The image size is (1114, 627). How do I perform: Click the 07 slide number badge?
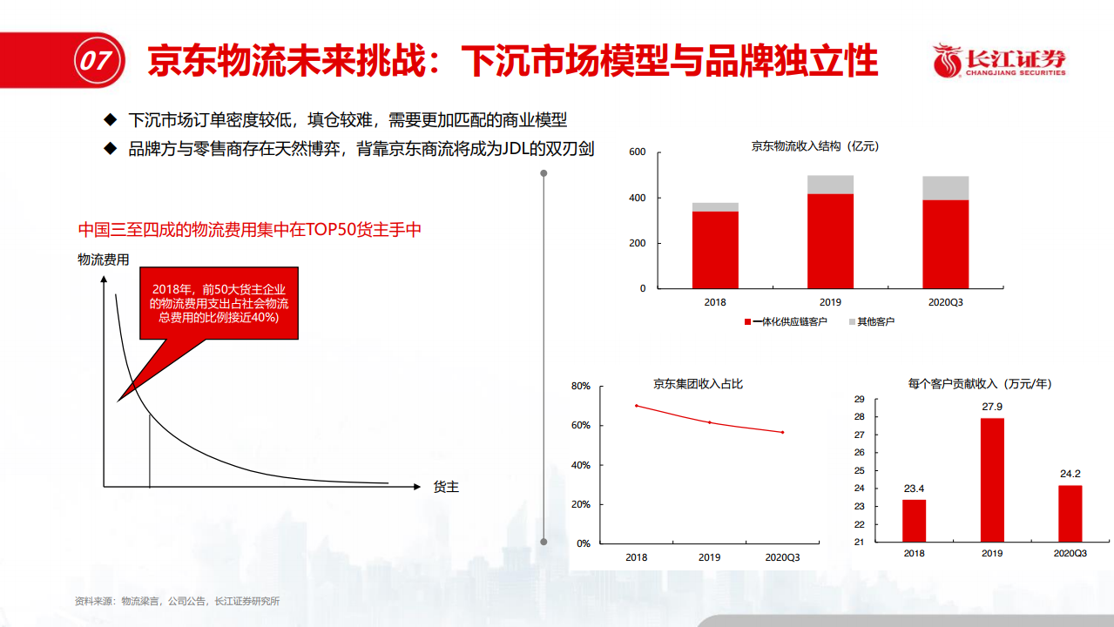pyautogui.click(x=98, y=61)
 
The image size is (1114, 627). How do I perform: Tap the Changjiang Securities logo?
pyautogui.click(x=999, y=60)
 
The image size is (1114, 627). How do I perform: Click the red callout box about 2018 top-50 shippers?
pyautogui.click(x=219, y=303)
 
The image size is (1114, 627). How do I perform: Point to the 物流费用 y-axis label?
pyautogui.click(x=104, y=260)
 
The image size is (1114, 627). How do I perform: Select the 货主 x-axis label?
pyautogui.click(x=446, y=487)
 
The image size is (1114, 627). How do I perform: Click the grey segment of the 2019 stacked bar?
pyautogui.click(x=830, y=185)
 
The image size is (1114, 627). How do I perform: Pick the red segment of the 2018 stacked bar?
pyautogui.click(x=715, y=250)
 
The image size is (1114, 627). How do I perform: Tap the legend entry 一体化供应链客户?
pyautogui.click(x=786, y=321)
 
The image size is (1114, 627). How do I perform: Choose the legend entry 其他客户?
pyautogui.click(x=872, y=321)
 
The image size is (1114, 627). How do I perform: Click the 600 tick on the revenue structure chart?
pyautogui.click(x=637, y=152)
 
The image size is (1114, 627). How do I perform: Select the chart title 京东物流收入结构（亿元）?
pyautogui.click(x=815, y=146)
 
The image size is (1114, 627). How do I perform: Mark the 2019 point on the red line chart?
pyautogui.click(x=710, y=422)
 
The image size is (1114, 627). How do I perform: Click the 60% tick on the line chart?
pyautogui.click(x=580, y=425)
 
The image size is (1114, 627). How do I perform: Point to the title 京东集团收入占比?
pyautogui.click(x=698, y=384)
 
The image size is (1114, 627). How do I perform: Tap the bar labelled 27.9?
pyautogui.click(x=992, y=480)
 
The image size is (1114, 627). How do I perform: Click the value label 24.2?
pyautogui.click(x=1070, y=474)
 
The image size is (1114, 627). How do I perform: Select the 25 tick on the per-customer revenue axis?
pyautogui.click(x=860, y=470)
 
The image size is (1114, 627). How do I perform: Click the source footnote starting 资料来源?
pyautogui.click(x=177, y=601)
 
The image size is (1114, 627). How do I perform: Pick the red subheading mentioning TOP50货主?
pyautogui.click(x=250, y=229)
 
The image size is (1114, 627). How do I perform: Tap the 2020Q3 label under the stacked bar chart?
pyautogui.click(x=945, y=302)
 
